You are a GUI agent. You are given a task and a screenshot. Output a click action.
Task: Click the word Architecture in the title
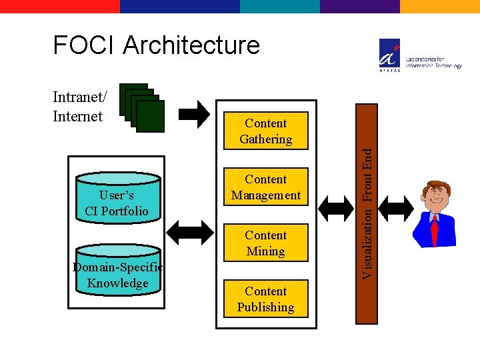click(191, 45)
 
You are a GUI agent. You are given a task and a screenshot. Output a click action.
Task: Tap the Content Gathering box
click(265, 131)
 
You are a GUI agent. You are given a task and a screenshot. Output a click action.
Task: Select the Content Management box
click(265, 187)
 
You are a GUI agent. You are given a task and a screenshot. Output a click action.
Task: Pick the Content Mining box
click(265, 243)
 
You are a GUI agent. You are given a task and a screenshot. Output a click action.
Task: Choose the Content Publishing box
click(265, 299)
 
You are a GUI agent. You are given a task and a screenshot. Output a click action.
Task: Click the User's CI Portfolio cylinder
click(117, 200)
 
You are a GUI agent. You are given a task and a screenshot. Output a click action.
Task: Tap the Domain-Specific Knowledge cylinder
click(118, 272)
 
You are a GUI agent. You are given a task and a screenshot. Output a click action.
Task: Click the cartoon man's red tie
click(434, 230)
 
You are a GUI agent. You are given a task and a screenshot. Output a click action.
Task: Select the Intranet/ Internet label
click(78, 107)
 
